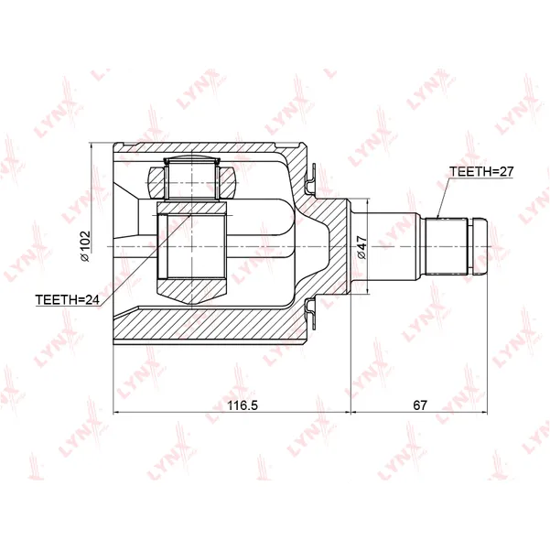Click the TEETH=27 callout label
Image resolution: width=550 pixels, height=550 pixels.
(481, 171)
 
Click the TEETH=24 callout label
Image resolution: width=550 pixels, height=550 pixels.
(68, 299)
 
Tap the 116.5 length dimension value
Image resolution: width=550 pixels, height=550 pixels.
(243, 405)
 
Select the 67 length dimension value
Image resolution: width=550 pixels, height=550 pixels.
(420, 405)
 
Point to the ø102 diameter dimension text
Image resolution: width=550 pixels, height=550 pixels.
(85, 246)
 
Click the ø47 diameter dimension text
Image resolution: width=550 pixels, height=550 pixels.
(361, 247)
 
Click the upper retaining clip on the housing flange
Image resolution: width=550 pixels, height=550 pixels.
(310, 178)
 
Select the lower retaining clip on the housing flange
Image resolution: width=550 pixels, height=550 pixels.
(310, 313)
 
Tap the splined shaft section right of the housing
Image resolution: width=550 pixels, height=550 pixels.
(447, 246)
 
